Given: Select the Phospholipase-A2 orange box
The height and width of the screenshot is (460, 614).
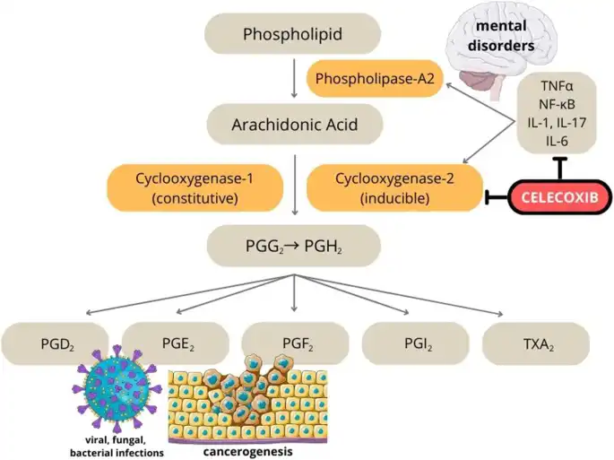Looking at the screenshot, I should [375, 80].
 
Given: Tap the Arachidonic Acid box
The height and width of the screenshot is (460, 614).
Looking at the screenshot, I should [294, 124].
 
